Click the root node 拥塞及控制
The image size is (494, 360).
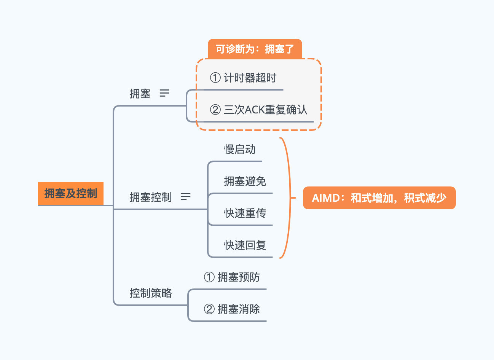(x=71, y=193)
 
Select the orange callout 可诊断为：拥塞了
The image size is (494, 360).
(x=255, y=49)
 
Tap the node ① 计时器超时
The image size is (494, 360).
(x=243, y=78)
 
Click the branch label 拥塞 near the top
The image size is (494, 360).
(x=140, y=94)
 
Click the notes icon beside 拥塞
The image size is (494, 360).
(x=164, y=93)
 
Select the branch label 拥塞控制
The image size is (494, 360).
(x=151, y=197)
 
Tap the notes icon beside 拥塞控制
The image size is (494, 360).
(x=186, y=197)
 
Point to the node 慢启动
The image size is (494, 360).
(x=240, y=150)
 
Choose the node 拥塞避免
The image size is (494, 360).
(x=245, y=182)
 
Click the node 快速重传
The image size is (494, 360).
(x=245, y=213)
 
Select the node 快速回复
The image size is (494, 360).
(x=245, y=245)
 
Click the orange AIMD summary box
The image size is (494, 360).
(x=379, y=198)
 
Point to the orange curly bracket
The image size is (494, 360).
(x=288, y=198)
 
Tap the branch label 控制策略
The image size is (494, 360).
(x=151, y=293)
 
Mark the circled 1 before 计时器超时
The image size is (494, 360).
(x=215, y=78)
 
